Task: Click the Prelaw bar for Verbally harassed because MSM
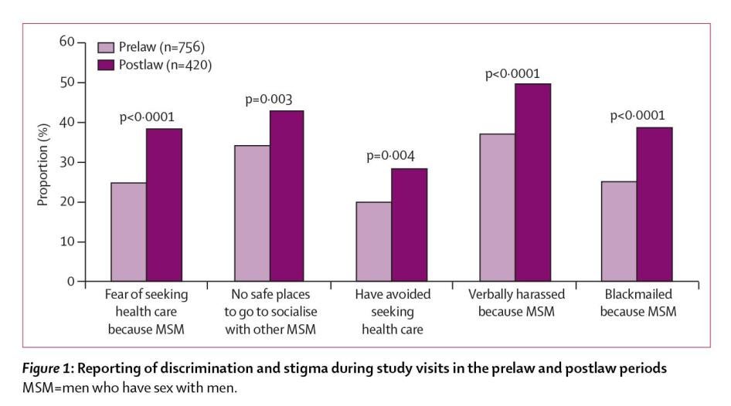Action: pos(497,208)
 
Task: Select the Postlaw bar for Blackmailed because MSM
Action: pos(654,205)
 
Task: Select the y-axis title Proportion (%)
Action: pos(42,163)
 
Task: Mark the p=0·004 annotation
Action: pos(391,157)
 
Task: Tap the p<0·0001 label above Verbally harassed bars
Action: pos(513,74)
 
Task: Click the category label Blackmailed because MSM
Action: pos(637,303)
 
